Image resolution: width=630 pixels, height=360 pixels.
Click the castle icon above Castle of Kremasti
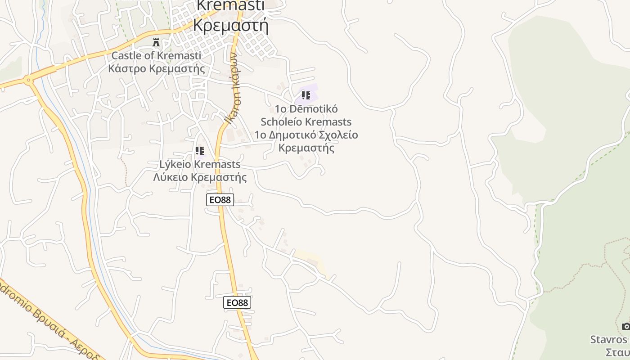pyautogui.click(x=156, y=43)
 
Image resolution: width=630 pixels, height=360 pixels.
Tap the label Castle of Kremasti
pyautogui.click(x=156, y=56)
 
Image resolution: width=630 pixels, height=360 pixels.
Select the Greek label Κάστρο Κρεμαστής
pyautogui.click(x=156, y=69)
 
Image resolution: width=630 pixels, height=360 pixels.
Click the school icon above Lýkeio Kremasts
pyautogui.click(x=199, y=151)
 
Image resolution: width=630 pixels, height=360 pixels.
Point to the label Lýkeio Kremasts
pyautogui.click(x=200, y=164)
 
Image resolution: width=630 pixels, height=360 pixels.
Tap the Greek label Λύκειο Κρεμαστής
pyautogui.click(x=200, y=177)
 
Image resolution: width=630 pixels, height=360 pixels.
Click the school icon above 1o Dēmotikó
pyautogui.click(x=306, y=95)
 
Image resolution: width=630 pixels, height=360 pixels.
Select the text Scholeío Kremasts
pyautogui.click(x=306, y=122)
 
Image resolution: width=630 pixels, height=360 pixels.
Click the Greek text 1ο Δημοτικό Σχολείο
pyautogui.click(x=306, y=135)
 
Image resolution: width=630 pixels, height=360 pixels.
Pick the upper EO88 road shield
pyautogui.click(x=220, y=200)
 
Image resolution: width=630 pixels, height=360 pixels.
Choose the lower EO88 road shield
pyautogui.click(x=237, y=302)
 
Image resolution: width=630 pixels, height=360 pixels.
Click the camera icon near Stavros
pyautogui.click(x=625, y=326)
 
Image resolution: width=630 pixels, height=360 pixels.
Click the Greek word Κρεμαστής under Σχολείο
pyautogui.click(x=306, y=148)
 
